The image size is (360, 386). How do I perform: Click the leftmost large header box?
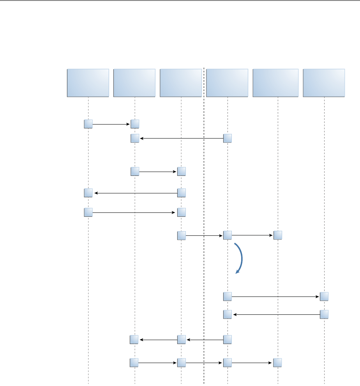pos(88,82)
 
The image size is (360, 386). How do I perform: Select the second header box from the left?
pos(134,82)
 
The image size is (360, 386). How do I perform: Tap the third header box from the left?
pos(181,82)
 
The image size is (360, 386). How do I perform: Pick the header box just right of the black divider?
pos(227,82)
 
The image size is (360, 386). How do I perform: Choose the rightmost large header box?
pos(324,82)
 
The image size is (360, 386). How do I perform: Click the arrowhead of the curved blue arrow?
pos(237,273)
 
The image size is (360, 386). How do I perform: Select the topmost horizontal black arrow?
pos(111,125)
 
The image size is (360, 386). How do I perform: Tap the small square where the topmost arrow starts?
pos(88,124)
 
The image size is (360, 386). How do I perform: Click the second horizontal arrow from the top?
pos(181,138)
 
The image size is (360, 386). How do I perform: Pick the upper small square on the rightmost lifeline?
pos(324,297)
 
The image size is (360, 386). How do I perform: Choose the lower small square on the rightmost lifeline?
pos(324,314)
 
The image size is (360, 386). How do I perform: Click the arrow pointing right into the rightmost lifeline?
pos(275,297)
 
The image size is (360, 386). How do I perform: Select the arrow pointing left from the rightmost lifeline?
pos(275,314)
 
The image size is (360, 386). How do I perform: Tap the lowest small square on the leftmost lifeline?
pos(88,212)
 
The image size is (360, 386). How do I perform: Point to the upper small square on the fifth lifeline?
pos(278,235)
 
